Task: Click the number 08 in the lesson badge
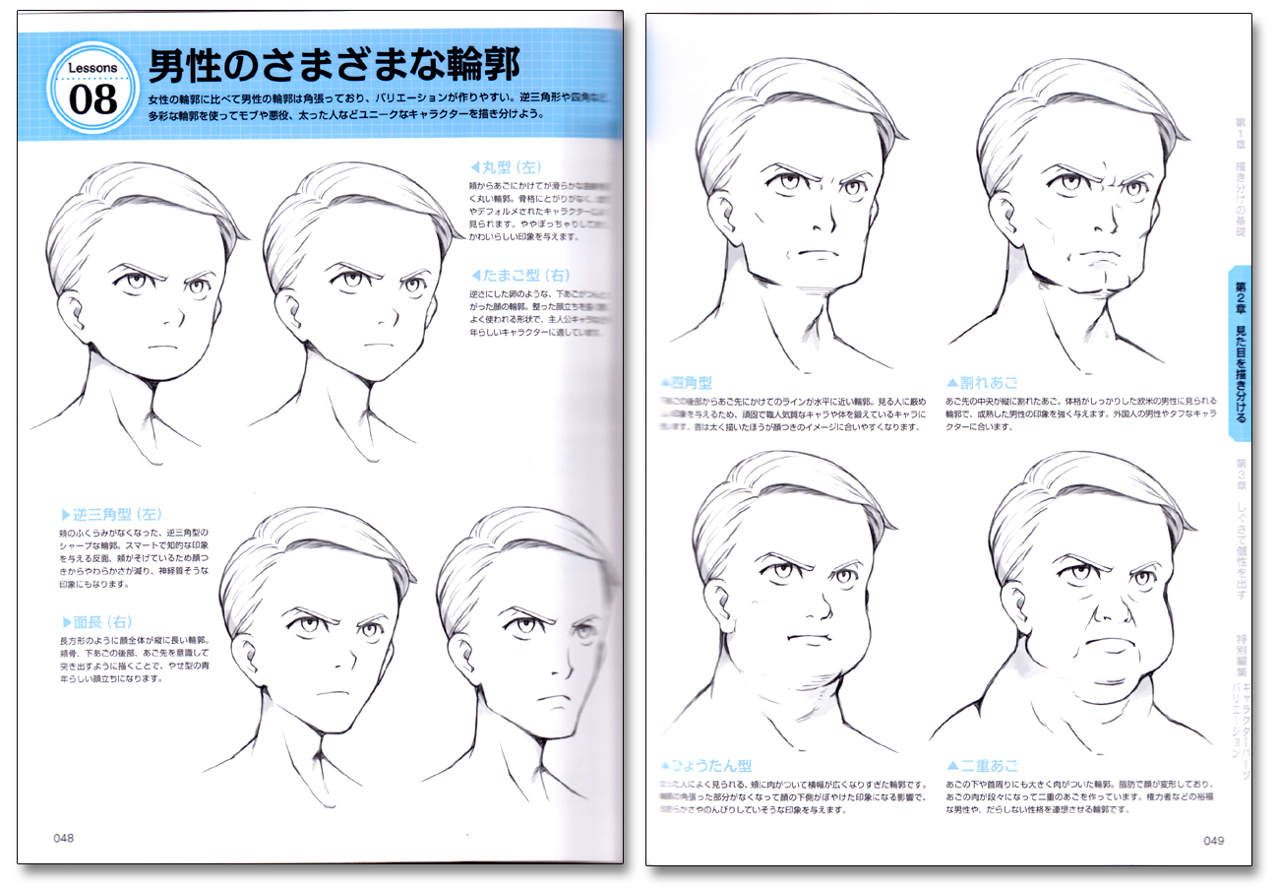pos(92,99)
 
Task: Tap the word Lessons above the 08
pos(92,69)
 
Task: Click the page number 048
pos(64,838)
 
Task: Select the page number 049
pos(1213,840)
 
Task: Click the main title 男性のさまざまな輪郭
pos(335,70)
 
